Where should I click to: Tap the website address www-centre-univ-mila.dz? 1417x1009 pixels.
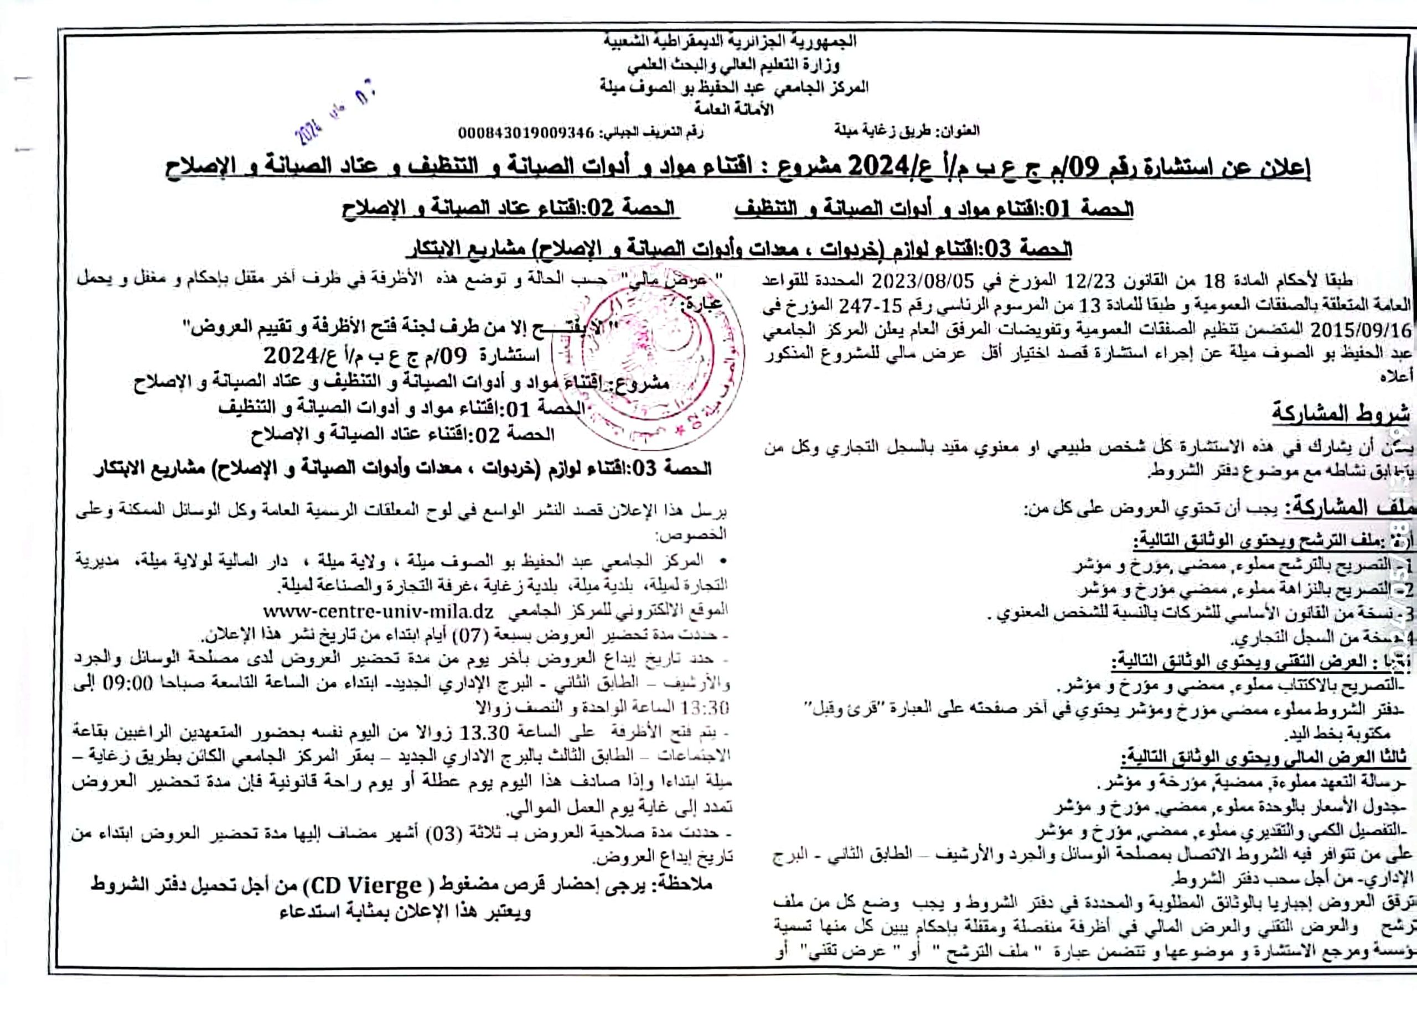coord(379,611)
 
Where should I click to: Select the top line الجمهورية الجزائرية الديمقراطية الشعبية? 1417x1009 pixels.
coord(730,41)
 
